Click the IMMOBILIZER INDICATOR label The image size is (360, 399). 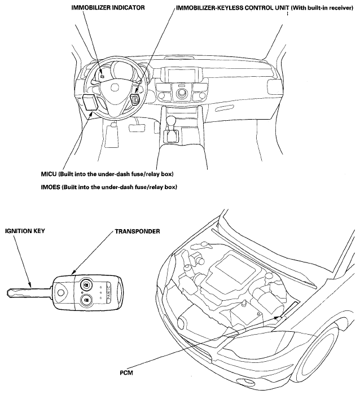[x=108, y=8]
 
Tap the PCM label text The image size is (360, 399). [x=126, y=373]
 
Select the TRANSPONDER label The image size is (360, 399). [x=137, y=231]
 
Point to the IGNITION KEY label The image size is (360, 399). [x=25, y=231]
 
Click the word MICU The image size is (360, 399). [x=49, y=174]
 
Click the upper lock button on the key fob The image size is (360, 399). [x=86, y=285]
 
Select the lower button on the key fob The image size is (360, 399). [x=86, y=300]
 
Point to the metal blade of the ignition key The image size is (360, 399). [x=28, y=292]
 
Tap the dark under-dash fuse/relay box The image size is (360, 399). [x=90, y=103]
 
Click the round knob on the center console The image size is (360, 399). [x=181, y=94]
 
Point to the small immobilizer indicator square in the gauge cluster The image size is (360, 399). [x=102, y=76]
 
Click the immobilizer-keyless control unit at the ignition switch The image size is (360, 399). [x=135, y=99]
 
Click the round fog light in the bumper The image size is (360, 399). [x=244, y=381]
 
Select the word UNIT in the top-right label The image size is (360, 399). [x=282, y=8]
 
